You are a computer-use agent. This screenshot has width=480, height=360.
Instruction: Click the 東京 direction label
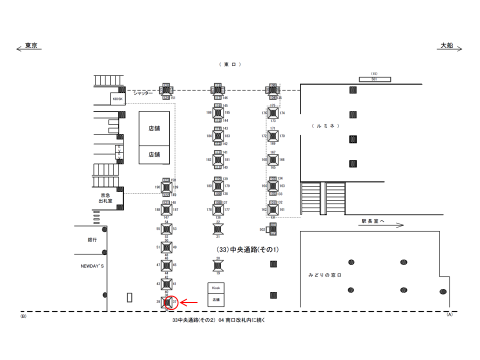click(x=31, y=45)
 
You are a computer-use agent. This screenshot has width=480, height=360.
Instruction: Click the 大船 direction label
click(x=446, y=45)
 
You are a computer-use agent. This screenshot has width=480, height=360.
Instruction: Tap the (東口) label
click(x=230, y=64)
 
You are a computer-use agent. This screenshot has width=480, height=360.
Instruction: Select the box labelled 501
click(x=374, y=79)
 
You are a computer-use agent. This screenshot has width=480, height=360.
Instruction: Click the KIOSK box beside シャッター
click(x=117, y=99)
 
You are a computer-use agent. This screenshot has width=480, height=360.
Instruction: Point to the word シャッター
click(x=143, y=93)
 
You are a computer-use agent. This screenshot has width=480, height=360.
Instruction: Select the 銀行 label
click(x=92, y=239)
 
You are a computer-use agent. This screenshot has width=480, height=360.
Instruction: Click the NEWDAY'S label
click(x=92, y=266)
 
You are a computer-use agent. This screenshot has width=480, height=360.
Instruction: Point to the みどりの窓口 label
click(x=324, y=275)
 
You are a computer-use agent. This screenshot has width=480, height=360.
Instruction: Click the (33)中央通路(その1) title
click(x=247, y=249)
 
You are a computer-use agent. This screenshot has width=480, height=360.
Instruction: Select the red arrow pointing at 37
click(x=189, y=302)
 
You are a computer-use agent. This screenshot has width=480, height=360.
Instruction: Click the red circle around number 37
click(x=172, y=302)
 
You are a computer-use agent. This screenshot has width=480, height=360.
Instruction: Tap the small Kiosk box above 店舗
click(x=216, y=288)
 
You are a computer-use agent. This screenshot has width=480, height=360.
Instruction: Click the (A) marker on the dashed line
click(x=449, y=314)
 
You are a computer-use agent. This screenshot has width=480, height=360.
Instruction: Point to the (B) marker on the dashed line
click(x=23, y=316)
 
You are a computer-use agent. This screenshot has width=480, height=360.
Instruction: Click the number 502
click(x=262, y=229)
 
